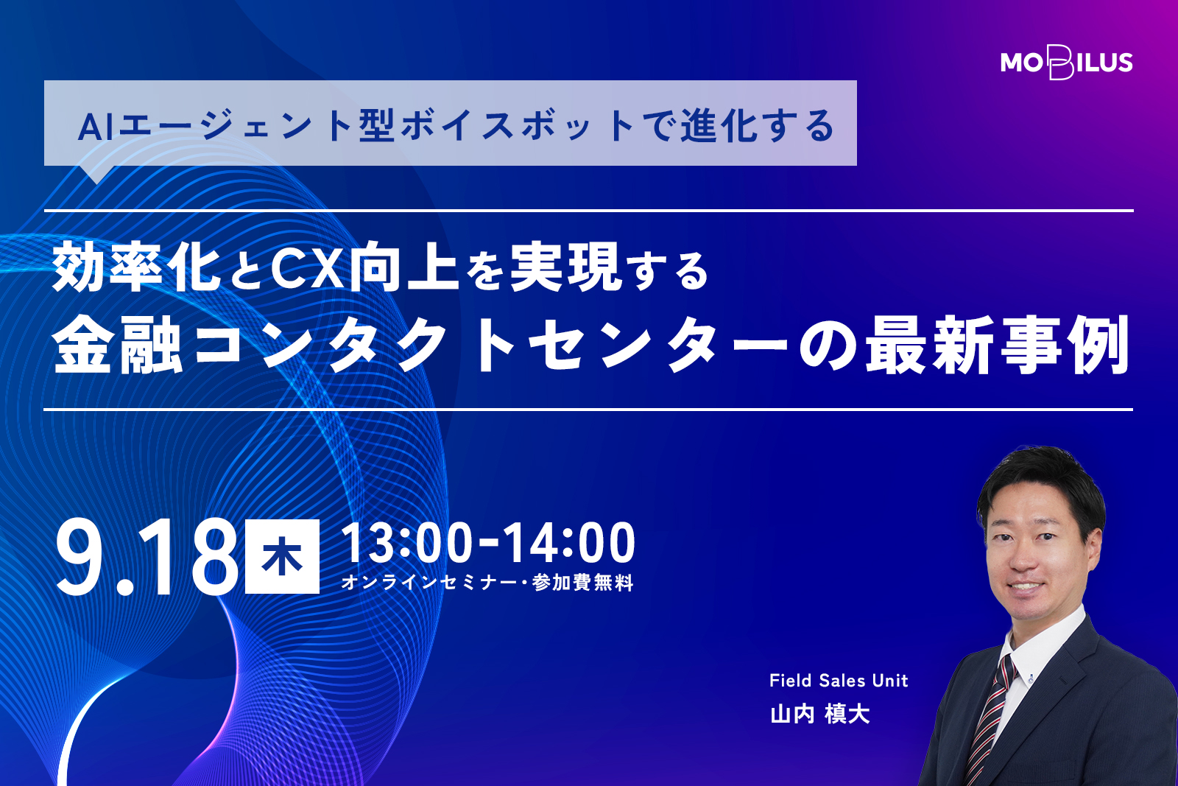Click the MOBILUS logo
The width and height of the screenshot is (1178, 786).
tap(1067, 63)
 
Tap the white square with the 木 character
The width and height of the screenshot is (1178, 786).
tap(283, 557)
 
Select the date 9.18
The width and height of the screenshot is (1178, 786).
tap(148, 558)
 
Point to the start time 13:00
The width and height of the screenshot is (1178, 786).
tap(407, 544)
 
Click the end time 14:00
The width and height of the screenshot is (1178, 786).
tap(570, 544)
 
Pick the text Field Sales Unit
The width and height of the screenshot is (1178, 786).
tap(839, 681)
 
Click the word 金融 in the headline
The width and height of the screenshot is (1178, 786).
tap(118, 345)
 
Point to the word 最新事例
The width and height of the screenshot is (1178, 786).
tap(998, 345)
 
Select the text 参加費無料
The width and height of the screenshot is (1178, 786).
tap(582, 583)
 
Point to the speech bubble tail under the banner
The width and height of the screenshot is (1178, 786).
tap(96, 174)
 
